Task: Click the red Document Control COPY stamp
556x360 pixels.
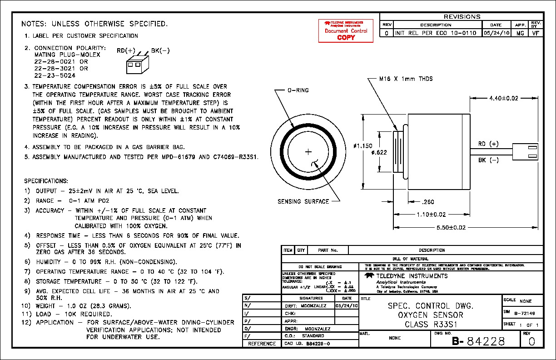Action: pos(346,30)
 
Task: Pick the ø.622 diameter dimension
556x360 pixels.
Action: pos(379,152)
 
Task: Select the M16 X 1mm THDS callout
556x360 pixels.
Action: pos(406,79)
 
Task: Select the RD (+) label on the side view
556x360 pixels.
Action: pos(488,144)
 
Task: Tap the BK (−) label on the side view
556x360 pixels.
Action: pos(488,160)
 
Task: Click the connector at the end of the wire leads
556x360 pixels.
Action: pos(525,152)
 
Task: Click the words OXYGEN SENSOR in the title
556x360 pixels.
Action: pos(431,315)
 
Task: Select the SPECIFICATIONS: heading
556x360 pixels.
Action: pos(46,181)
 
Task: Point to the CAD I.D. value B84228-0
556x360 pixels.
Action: pos(318,344)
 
